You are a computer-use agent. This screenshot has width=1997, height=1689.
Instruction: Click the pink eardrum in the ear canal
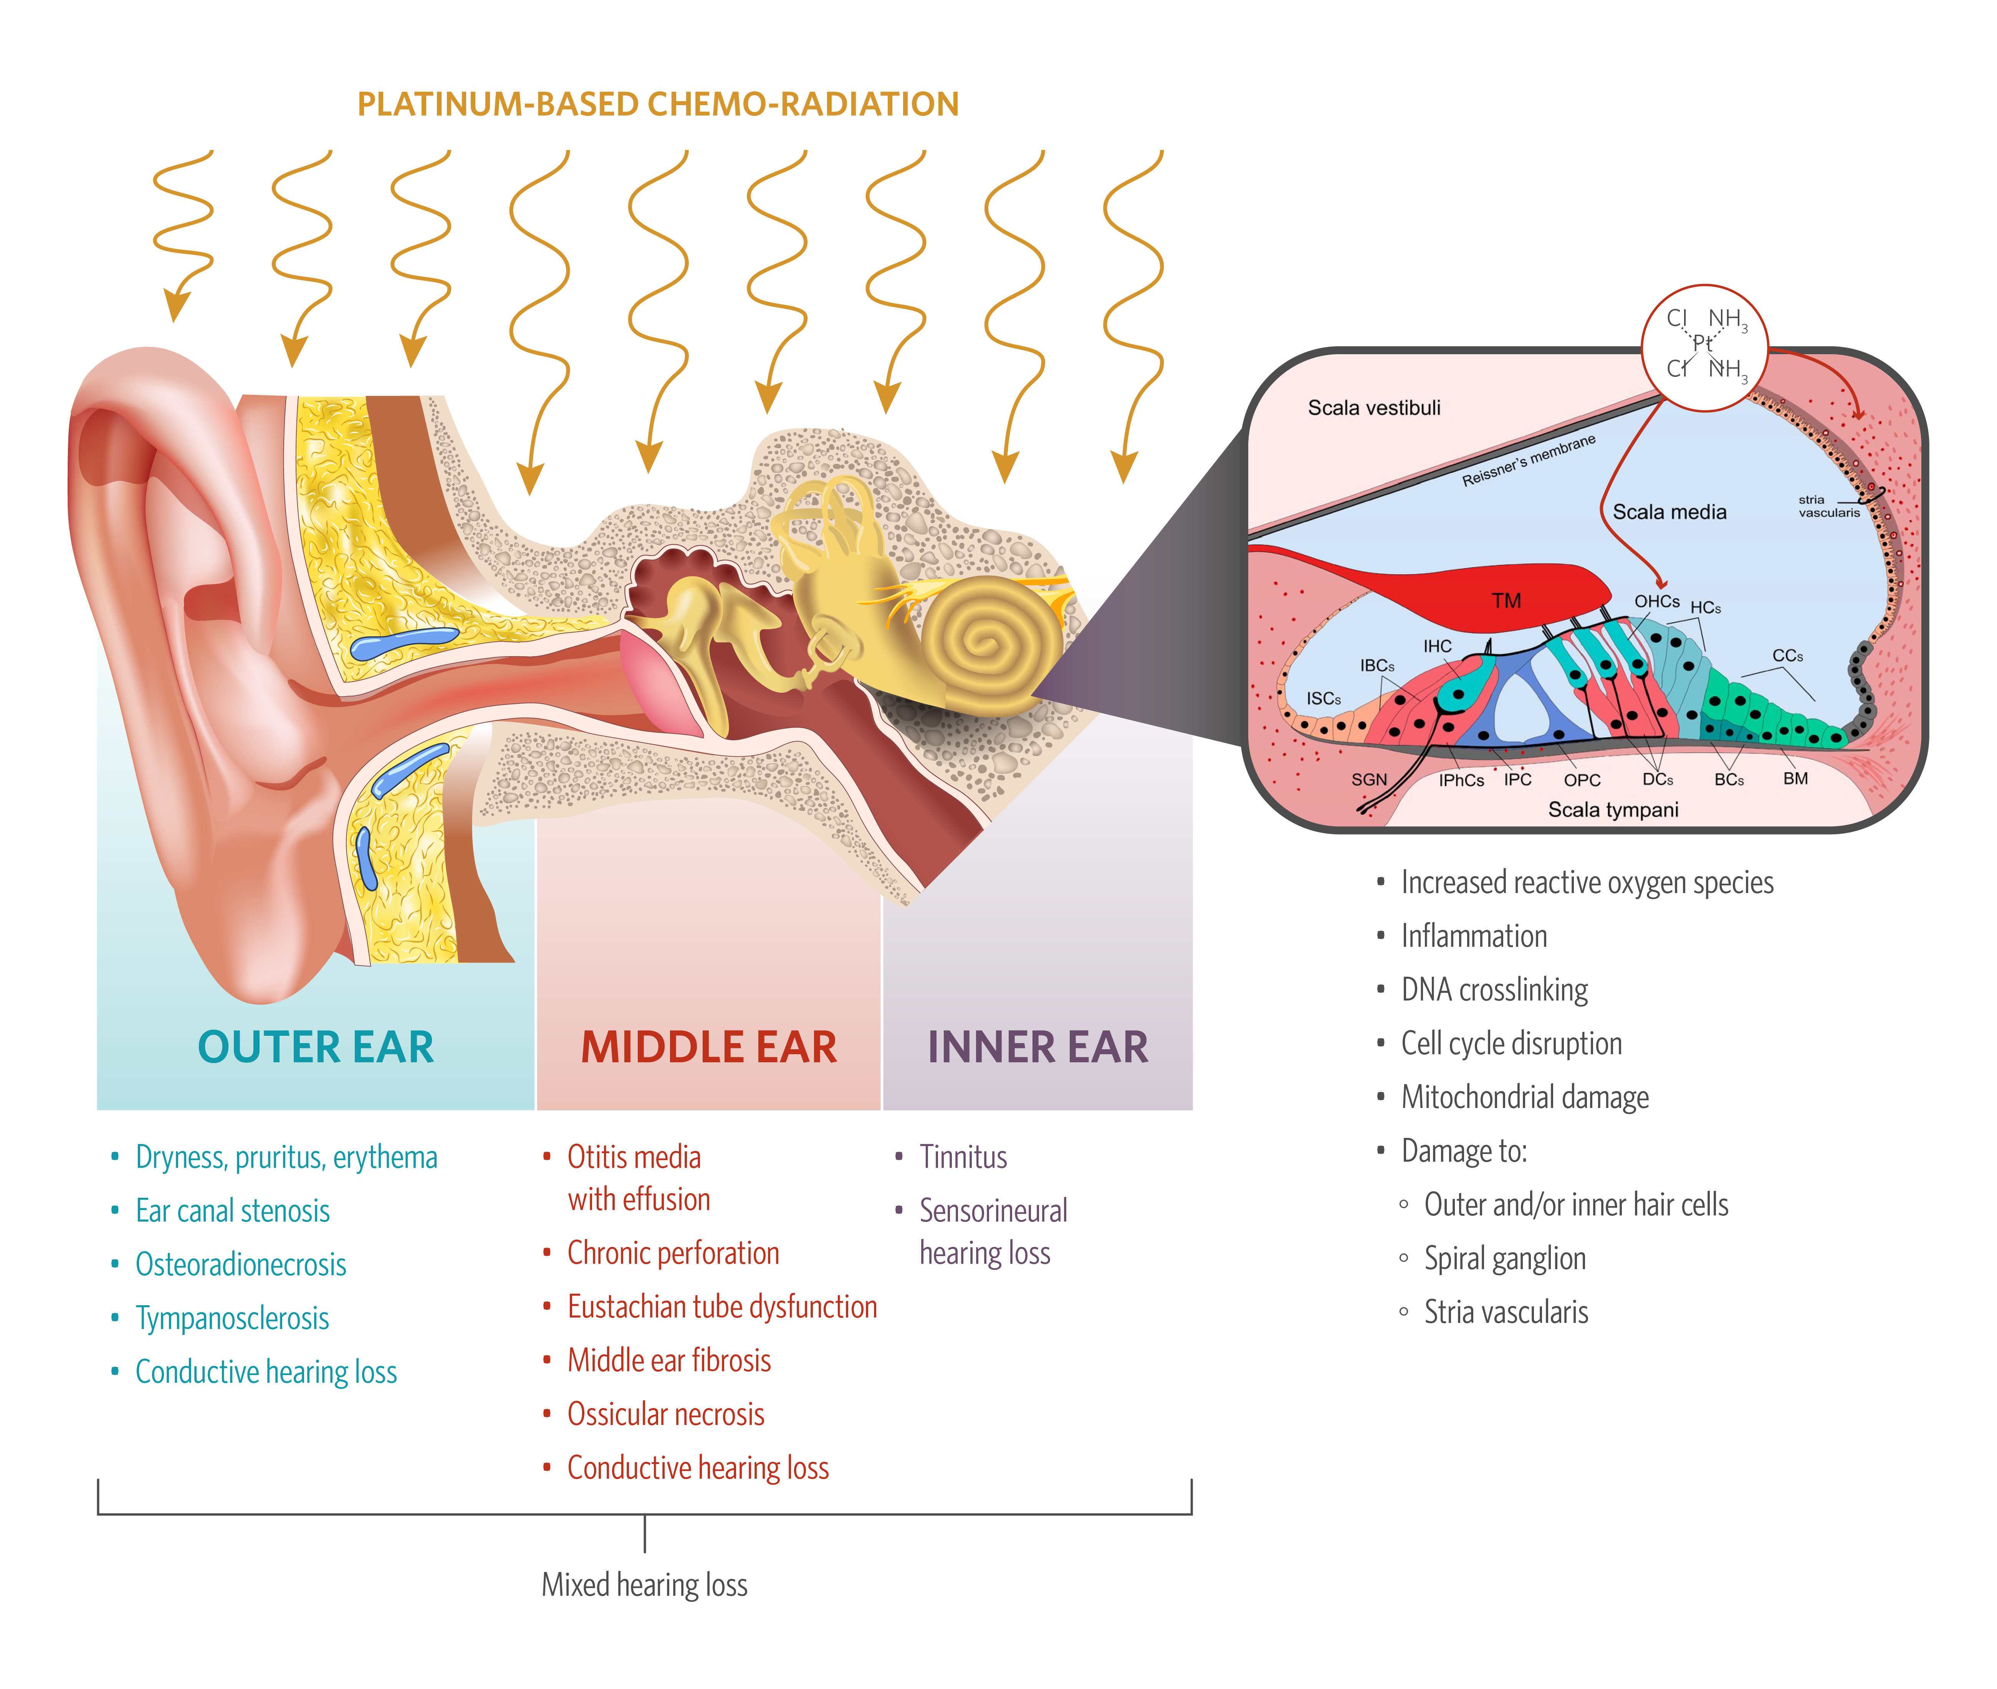tap(661, 685)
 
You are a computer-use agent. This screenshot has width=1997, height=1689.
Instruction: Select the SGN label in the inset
tap(1369, 779)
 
